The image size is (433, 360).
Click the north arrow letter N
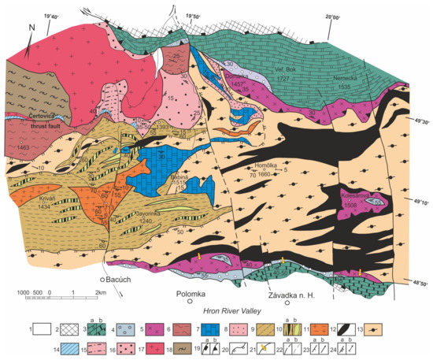coord(31,31)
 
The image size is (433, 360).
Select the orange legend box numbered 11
coord(335,324)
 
